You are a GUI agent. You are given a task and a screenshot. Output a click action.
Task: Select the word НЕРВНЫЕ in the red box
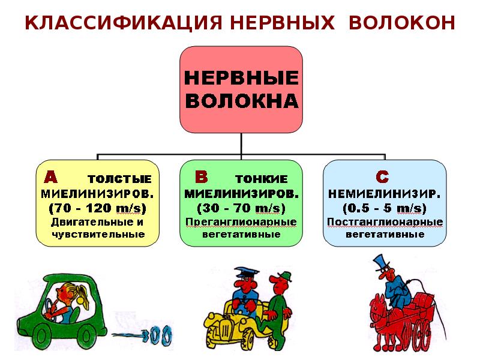coord(241,78)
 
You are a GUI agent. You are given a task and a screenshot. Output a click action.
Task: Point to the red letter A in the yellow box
coord(52,178)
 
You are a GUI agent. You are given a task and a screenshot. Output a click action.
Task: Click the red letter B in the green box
coord(202,177)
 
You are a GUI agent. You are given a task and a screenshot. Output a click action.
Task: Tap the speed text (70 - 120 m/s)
coord(97,208)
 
